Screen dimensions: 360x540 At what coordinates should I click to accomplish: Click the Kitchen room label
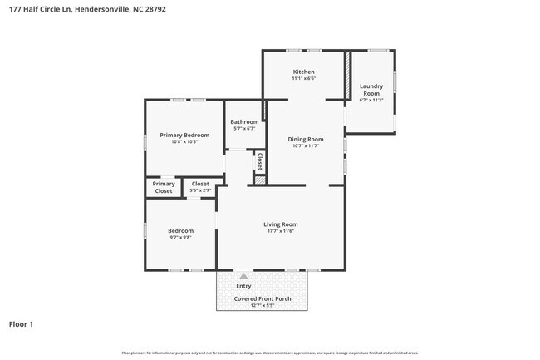pos(303,72)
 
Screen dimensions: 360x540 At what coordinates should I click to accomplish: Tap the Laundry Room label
pos(371,90)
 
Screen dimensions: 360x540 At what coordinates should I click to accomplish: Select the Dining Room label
pos(305,139)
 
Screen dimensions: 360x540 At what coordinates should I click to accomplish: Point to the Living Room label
pos(280,224)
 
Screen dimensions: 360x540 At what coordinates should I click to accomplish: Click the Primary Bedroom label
pos(184,135)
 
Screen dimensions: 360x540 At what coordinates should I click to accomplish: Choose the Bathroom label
pos(244,122)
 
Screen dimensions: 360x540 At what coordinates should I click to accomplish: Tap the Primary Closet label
pos(164,188)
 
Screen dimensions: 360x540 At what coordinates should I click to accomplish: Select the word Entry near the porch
pos(243,287)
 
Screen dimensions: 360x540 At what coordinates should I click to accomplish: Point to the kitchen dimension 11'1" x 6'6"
pos(303,80)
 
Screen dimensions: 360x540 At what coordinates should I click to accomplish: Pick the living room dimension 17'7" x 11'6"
pos(280,231)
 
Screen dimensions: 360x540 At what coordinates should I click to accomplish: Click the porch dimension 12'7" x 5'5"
pos(262,305)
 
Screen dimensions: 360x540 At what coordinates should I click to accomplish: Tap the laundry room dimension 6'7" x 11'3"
pos(371,101)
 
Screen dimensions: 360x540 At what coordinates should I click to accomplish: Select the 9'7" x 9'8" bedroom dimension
pos(180,238)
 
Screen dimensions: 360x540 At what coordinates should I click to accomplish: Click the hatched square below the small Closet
pos(259,180)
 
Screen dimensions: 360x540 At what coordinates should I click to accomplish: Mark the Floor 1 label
pos(21,324)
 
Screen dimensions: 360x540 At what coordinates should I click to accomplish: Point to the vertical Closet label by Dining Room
pos(260,161)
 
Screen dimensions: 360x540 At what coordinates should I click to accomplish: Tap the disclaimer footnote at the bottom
pos(269,353)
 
